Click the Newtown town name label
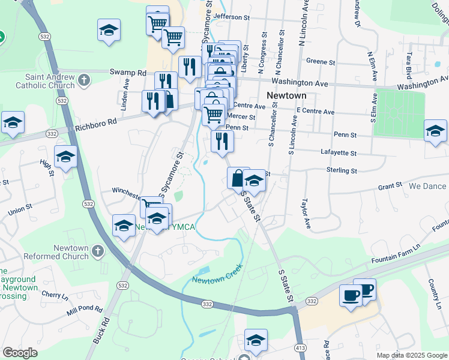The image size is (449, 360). (x=286, y=95)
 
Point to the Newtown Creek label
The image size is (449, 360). (x=217, y=275)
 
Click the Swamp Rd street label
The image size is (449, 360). (x=128, y=72)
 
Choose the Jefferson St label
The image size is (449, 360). (x=231, y=17)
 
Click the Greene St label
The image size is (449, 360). (x=320, y=61)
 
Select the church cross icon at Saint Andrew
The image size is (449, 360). (x=83, y=79)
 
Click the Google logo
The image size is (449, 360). (x=20, y=352)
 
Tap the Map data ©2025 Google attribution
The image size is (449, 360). (x=411, y=355)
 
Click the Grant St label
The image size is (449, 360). (x=390, y=187)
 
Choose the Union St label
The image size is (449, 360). (x=20, y=210)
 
